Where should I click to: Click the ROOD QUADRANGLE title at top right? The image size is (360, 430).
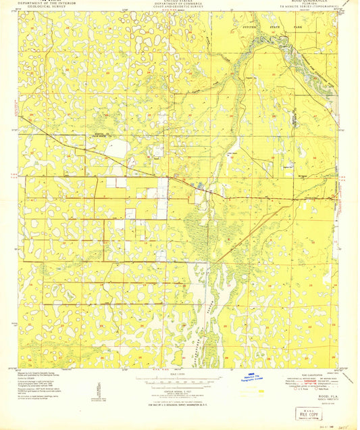point(307,3)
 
